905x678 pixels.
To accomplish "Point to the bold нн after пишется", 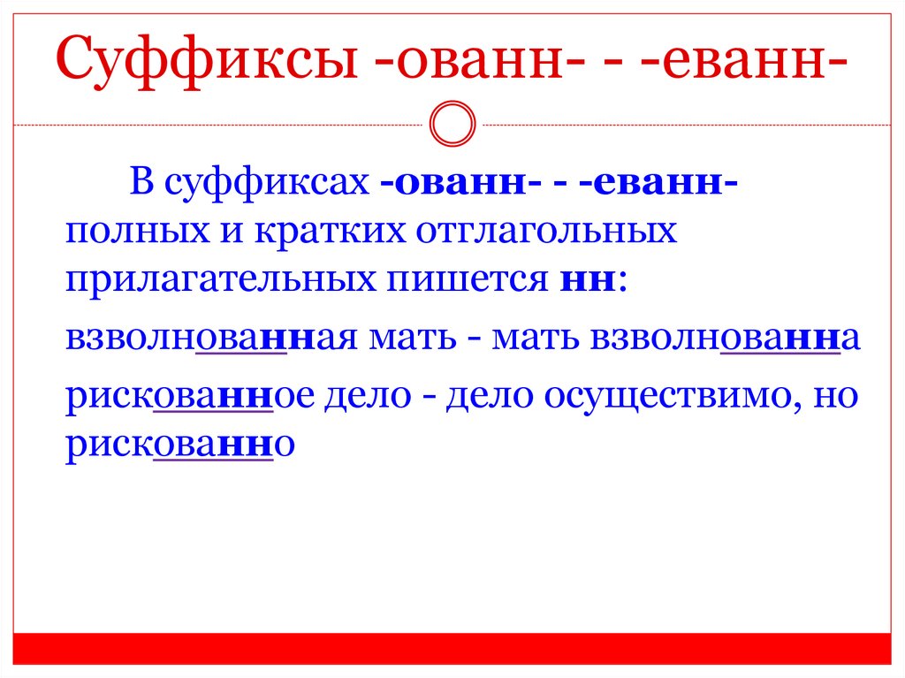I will coord(589,281).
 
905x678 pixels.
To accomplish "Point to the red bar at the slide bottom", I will coord(452,648).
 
